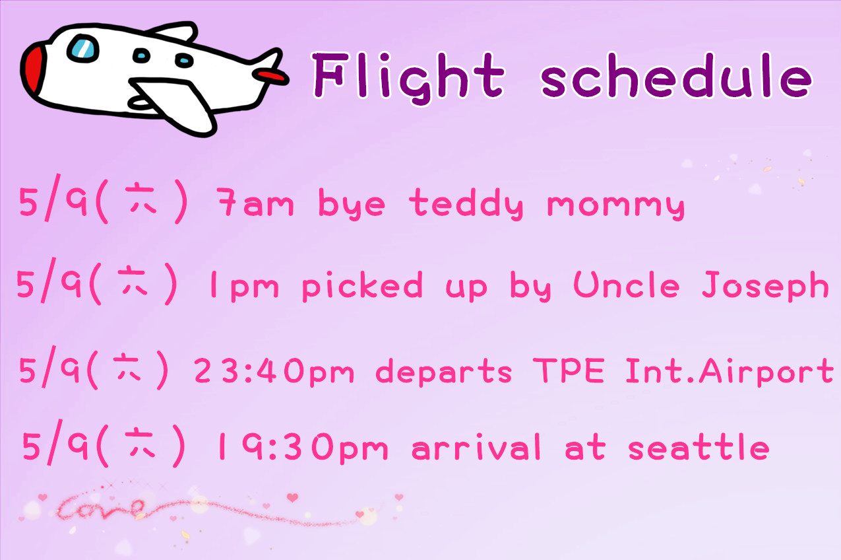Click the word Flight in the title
(408, 77)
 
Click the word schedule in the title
(676, 75)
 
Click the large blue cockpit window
(82, 49)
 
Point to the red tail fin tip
(270, 75)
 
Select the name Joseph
(765, 286)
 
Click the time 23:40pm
(274, 371)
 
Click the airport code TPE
(569, 370)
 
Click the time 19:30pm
(303, 447)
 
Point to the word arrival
(476, 446)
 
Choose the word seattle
(699, 446)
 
